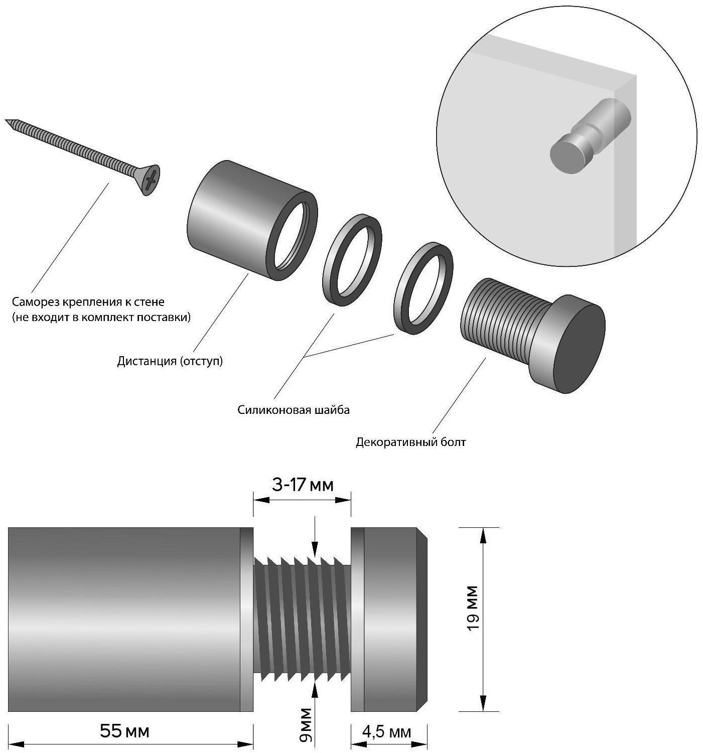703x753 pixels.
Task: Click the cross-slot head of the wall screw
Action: (x=150, y=180)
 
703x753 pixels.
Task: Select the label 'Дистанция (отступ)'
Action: (x=170, y=361)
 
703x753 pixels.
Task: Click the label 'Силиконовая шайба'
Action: (x=294, y=410)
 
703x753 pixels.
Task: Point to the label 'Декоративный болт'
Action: (x=410, y=442)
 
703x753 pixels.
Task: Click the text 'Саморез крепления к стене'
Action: (x=88, y=302)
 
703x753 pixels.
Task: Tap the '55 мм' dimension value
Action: (x=124, y=731)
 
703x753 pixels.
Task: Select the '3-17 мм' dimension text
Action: (x=303, y=485)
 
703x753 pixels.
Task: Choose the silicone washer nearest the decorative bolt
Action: (x=424, y=287)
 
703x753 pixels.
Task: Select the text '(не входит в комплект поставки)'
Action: (x=101, y=317)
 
